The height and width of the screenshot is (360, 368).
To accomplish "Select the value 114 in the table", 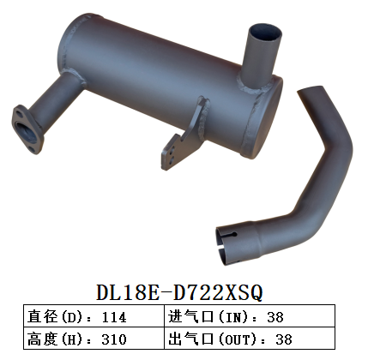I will (x=113, y=316).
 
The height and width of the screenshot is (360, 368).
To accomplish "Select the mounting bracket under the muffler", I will (x=183, y=137).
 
